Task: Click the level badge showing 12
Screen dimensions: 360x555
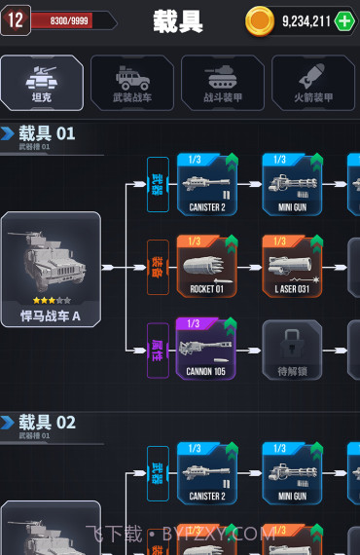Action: (15, 19)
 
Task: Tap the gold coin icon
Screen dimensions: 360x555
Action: (260, 20)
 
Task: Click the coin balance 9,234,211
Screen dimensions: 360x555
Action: (306, 20)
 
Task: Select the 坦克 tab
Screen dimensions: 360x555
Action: (41, 82)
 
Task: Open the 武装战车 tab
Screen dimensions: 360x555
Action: (131, 82)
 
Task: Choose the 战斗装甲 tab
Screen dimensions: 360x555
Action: (223, 82)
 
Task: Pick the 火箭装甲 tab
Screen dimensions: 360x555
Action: (313, 82)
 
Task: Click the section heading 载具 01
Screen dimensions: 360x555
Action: (47, 133)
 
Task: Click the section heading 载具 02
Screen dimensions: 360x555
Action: (47, 422)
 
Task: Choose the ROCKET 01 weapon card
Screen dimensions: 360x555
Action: (206, 266)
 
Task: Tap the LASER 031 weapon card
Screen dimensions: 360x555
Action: (291, 266)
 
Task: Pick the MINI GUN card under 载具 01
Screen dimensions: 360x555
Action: (291, 183)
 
